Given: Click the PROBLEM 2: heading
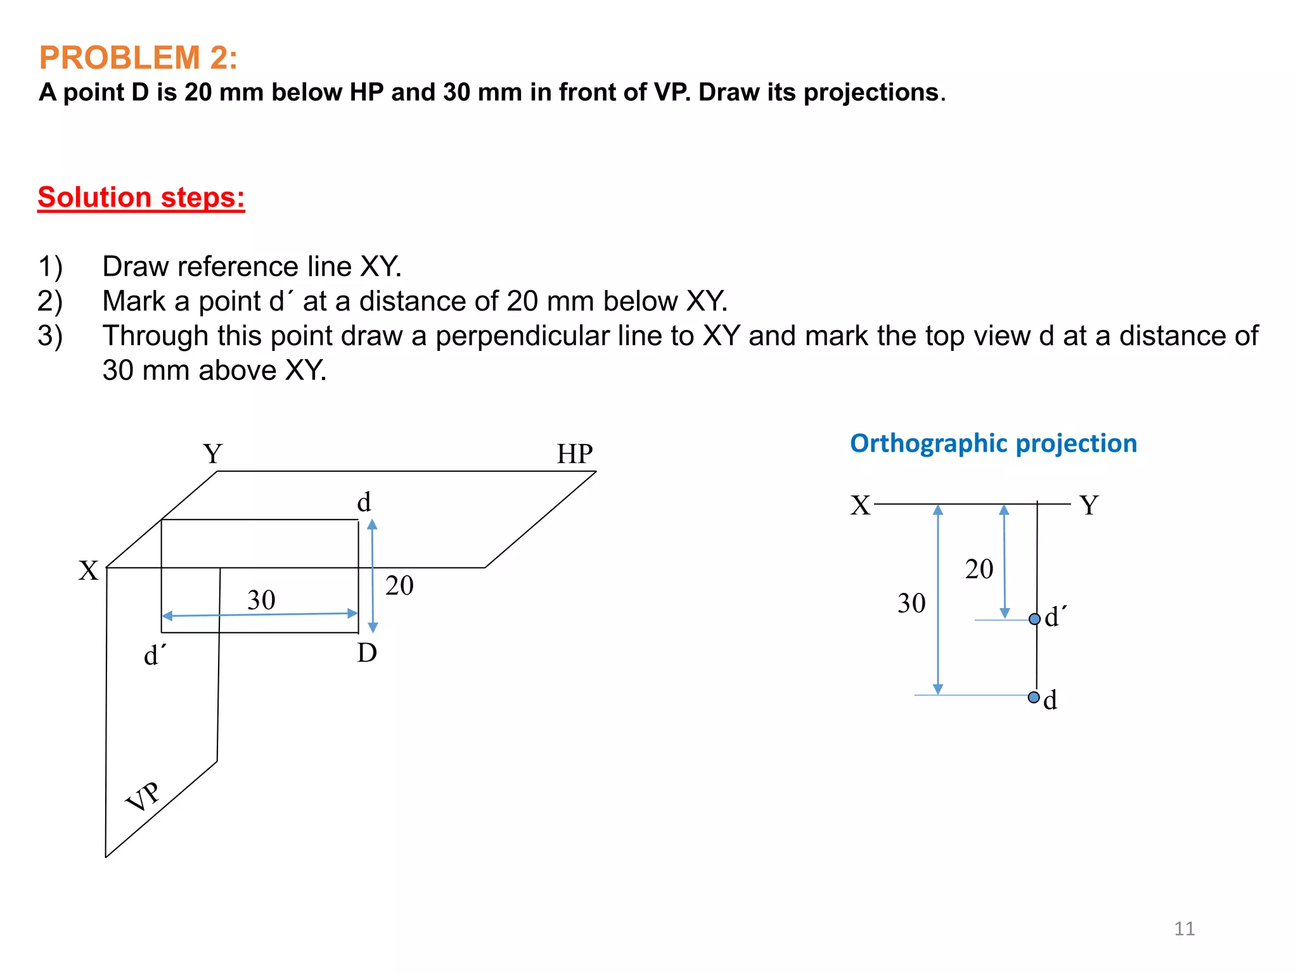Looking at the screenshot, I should tap(138, 58).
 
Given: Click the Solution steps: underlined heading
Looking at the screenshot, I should tap(141, 198).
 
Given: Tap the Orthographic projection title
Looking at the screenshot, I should tap(993, 443).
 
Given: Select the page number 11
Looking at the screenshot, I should tap(1184, 929).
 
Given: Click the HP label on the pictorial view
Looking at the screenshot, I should tap(574, 454).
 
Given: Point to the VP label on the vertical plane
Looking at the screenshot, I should tap(143, 797).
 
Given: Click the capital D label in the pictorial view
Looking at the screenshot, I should tap(367, 653).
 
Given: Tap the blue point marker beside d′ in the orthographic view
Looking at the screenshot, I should tap(1034, 619).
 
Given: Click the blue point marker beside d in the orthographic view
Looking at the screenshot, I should tap(1034, 697).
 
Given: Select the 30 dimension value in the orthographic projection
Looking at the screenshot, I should tap(911, 603).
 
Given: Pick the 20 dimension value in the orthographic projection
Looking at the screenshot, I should tap(979, 569).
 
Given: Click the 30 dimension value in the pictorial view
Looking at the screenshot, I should tap(261, 600).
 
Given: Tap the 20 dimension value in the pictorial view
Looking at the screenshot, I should tap(399, 585).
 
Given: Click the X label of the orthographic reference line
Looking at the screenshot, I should tap(860, 506).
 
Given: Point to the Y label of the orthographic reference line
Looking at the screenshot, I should tap(1089, 506).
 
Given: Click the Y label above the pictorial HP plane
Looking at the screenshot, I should tap(213, 454).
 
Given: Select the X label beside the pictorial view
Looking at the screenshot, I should tap(88, 571).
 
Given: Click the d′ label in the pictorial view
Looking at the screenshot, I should tap(155, 656).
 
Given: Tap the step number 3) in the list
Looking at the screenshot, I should tap(50, 336).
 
